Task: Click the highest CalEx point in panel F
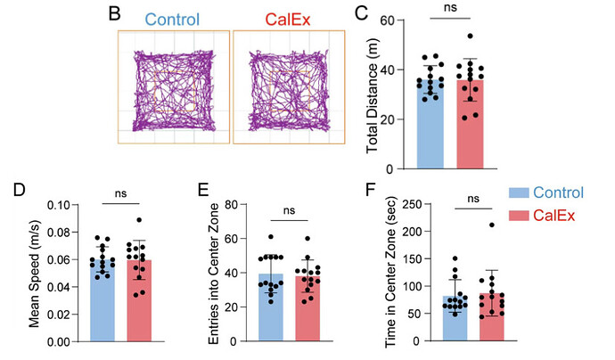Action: pos(490,225)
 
